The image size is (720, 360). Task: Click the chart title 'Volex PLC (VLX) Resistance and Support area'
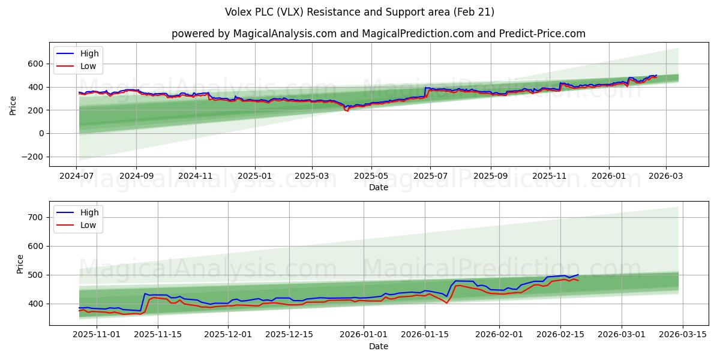pyautogui.click(x=359, y=12)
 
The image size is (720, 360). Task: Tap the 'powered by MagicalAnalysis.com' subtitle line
pyautogui.click(x=378, y=34)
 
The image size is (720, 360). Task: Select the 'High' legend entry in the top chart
pyautogui.click(x=89, y=54)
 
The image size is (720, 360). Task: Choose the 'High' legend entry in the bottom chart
pyautogui.click(x=89, y=213)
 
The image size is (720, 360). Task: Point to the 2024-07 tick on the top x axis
pyautogui.click(x=77, y=176)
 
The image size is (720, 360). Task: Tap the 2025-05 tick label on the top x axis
pyautogui.click(x=371, y=176)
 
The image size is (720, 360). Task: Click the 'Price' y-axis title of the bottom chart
pyautogui.click(x=20, y=264)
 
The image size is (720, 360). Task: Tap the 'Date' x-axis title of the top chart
pyautogui.click(x=378, y=187)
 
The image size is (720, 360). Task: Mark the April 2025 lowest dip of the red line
pyautogui.click(x=347, y=111)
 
